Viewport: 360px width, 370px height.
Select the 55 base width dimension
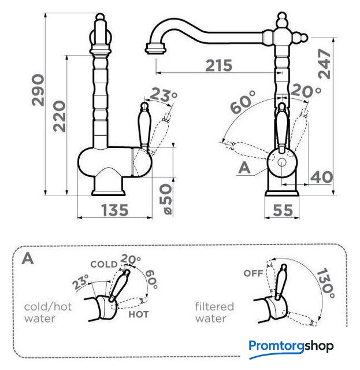pos(283,210)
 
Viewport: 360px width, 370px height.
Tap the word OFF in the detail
pos(253,273)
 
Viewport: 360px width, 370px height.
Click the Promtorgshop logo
pos(291,346)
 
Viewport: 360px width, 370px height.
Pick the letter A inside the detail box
pos(27,258)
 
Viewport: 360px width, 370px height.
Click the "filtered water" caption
pos(214,312)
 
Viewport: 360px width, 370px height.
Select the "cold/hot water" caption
pos(48,312)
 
